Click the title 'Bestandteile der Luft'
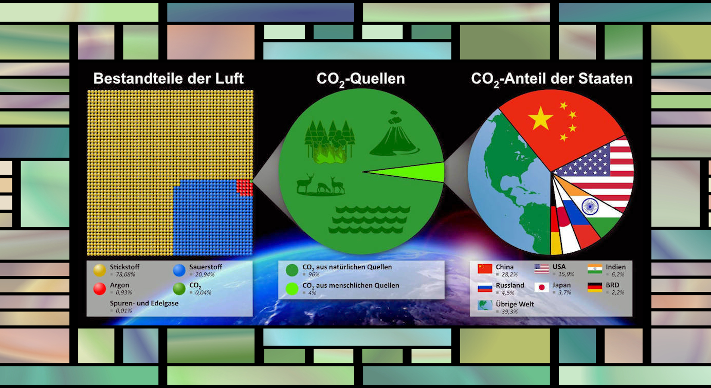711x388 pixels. pos(168,78)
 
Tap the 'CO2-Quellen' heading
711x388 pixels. pos(360,79)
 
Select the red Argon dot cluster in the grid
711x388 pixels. pos(245,188)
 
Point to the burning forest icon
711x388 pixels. pos(330,142)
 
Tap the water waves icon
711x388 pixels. pos(370,219)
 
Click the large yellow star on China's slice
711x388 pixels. pos(540,118)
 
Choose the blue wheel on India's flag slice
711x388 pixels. pos(590,206)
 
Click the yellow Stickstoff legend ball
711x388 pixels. pos(100,270)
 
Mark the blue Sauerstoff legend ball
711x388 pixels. pos(179,270)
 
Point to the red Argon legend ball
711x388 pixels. pos(100,289)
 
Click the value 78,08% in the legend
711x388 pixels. pos(125,274)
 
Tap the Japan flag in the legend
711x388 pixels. pos(541,287)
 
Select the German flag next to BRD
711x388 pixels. pos(595,287)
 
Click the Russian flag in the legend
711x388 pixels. pos(485,287)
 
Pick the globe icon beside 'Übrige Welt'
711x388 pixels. pos(485,305)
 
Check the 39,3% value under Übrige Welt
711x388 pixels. pos(509,311)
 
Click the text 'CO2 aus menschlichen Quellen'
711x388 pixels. pos(351,286)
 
